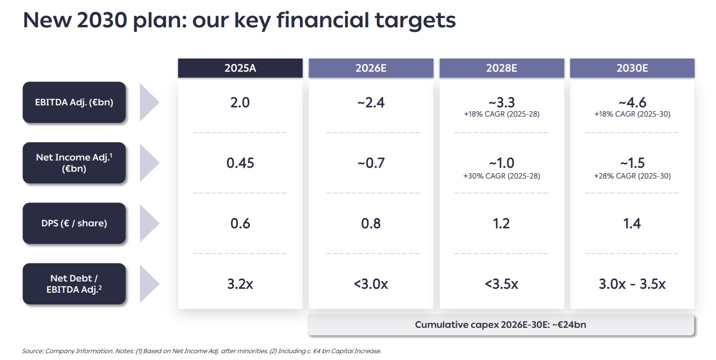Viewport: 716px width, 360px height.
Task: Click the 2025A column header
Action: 240,68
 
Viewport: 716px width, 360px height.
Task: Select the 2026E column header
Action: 371,68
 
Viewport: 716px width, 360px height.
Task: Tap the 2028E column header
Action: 501,68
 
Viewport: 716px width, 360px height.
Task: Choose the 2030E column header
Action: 632,68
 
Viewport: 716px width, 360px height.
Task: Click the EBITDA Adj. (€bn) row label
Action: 74,102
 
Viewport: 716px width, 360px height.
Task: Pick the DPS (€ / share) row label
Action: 74,223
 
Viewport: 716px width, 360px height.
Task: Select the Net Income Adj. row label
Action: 74,163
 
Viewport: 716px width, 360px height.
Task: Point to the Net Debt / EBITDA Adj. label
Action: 74,284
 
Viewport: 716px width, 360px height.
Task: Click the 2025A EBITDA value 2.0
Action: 240,102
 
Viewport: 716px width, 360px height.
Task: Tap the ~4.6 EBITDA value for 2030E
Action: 632,102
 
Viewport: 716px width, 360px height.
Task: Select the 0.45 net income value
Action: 240,163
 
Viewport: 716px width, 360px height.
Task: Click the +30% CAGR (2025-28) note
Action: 501,176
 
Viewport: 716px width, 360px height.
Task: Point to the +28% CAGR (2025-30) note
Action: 632,176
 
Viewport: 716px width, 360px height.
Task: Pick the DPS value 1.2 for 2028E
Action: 501,223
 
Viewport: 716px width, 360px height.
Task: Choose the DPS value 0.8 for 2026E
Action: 371,223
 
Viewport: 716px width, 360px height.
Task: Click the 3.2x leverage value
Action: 240,284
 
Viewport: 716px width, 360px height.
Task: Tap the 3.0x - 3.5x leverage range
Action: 632,284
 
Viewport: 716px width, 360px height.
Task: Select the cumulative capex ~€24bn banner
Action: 500,325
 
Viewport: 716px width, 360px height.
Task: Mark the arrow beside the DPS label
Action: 149,223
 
